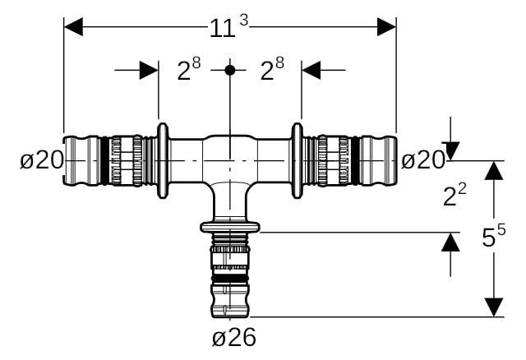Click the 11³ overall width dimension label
tap(228, 26)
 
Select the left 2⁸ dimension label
tap(189, 68)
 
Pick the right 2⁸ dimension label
tap(272, 68)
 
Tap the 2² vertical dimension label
tap(454, 196)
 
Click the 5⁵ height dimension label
tap(493, 236)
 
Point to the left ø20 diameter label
tap(42, 159)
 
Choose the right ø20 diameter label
tap(423, 159)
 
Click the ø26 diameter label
tap(234, 336)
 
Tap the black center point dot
tap(230, 70)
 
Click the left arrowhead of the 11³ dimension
tap(73, 27)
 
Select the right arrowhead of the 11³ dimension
tap(387, 27)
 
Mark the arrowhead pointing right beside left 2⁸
tap(149, 70)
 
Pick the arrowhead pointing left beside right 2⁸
tap(311, 70)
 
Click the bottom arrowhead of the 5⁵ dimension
tap(494, 307)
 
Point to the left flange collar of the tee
tap(163, 161)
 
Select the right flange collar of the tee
tap(298, 161)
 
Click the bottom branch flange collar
tap(230, 227)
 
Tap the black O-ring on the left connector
tap(104, 161)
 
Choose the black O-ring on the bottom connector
tap(230, 279)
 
